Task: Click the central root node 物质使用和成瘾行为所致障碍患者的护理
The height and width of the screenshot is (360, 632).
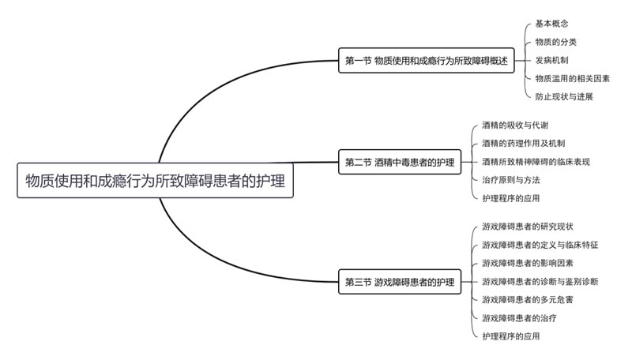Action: (156, 180)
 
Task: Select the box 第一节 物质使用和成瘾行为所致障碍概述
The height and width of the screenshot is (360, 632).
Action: (425, 61)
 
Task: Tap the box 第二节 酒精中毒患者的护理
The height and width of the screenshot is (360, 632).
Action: (400, 162)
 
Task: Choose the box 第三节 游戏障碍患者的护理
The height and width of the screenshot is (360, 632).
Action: (400, 281)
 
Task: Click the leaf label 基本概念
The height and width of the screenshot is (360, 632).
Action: (551, 24)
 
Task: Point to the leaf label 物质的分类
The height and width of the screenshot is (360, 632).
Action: (555, 42)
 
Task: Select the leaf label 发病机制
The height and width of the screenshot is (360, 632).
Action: (551, 60)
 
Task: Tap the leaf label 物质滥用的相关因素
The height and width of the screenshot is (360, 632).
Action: (572, 78)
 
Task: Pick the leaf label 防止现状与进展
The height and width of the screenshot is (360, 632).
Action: (564, 96)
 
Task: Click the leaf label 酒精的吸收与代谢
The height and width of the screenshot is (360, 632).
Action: (515, 126)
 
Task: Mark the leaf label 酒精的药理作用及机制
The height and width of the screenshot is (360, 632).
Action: (523, 144)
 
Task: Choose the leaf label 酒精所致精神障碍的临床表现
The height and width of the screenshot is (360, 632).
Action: (536, 162)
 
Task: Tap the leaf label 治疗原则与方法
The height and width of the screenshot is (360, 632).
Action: (510, 180)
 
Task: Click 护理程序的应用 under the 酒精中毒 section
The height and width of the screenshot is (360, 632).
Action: (510, 198)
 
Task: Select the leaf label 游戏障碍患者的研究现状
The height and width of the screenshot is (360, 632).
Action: (528, 227)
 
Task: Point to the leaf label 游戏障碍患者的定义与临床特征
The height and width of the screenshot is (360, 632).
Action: (540, 245)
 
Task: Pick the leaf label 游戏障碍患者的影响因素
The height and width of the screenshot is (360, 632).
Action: (528, 263)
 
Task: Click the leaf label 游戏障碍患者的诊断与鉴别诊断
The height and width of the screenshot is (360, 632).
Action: (540, 281)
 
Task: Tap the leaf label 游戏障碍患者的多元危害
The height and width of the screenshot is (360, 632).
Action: (528, 299)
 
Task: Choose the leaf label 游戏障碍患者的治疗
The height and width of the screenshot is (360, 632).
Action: (519, 317)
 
